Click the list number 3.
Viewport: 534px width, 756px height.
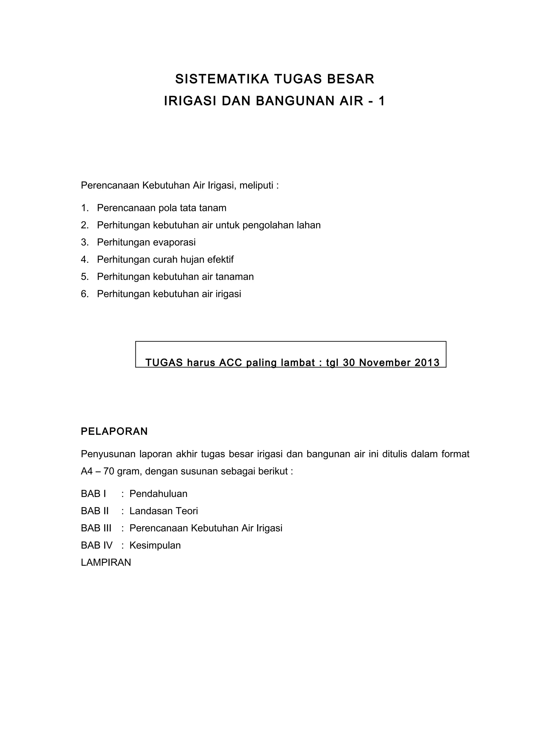tap(84, 242)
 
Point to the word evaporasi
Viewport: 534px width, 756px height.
tap(174, 242)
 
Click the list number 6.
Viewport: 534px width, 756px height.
tap(84, 294)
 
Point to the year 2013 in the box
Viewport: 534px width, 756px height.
tap(427, 363)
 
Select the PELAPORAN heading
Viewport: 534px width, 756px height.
tap(114, 431)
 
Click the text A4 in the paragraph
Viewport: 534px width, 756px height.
tap(87, 471)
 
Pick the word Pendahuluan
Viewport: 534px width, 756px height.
tap(158, 494)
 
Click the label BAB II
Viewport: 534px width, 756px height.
tap(95, 511)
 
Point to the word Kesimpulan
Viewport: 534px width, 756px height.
tap(155, 545)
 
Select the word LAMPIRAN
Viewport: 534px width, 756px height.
tap(106, 562)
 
